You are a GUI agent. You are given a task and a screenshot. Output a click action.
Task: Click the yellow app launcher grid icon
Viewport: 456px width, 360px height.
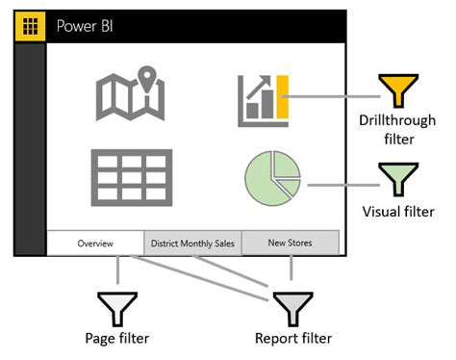(x=30, y=26)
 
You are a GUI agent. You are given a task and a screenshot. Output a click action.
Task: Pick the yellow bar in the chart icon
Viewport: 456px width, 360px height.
(x=283, y=100)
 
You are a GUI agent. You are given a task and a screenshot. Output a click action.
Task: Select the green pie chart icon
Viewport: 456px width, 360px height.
(x=271, y=179)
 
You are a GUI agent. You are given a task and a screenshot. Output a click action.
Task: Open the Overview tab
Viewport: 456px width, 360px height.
(x=95, y=244)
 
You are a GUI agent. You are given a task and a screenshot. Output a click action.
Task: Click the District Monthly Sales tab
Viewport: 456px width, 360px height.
(x=192, y=244)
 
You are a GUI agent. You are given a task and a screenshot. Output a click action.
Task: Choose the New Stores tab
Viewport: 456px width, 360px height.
(x=290, y=244)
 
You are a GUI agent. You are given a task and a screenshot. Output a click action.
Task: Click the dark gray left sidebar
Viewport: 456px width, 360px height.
(x=30, y=144)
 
